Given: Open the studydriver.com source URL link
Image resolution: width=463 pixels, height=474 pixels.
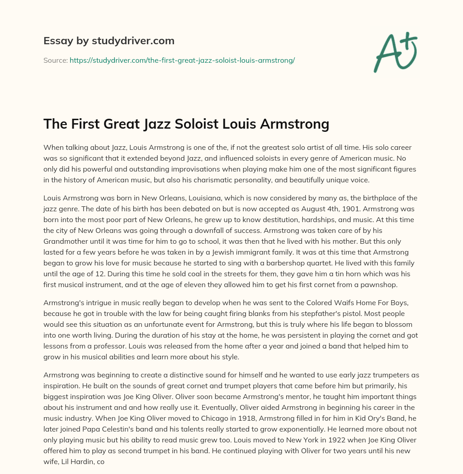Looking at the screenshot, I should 182,60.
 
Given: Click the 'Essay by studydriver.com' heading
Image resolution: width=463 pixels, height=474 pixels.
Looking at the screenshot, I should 109,41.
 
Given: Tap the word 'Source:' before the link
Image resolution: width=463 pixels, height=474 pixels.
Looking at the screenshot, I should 55,60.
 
